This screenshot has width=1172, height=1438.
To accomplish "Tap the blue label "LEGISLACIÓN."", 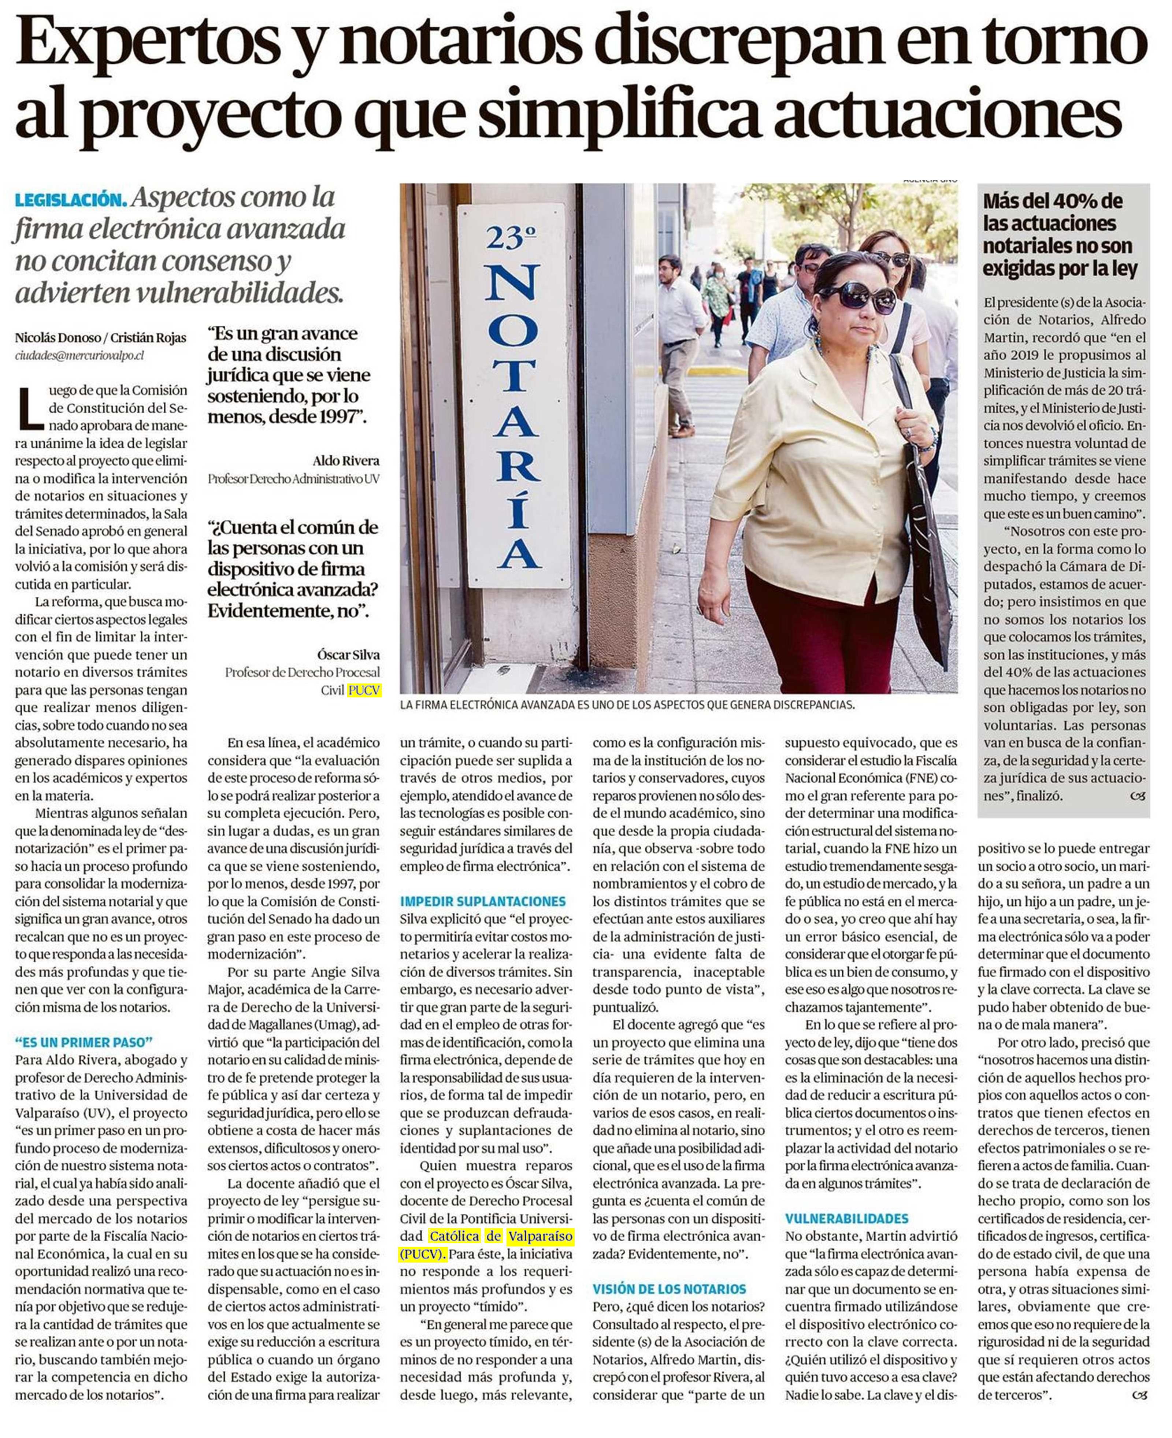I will [70, 200].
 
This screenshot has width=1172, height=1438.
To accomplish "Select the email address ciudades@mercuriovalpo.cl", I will [80, 356].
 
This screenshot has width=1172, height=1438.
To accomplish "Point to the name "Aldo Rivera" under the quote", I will [346, 461].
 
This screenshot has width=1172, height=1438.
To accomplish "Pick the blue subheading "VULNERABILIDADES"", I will [847, 1219].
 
